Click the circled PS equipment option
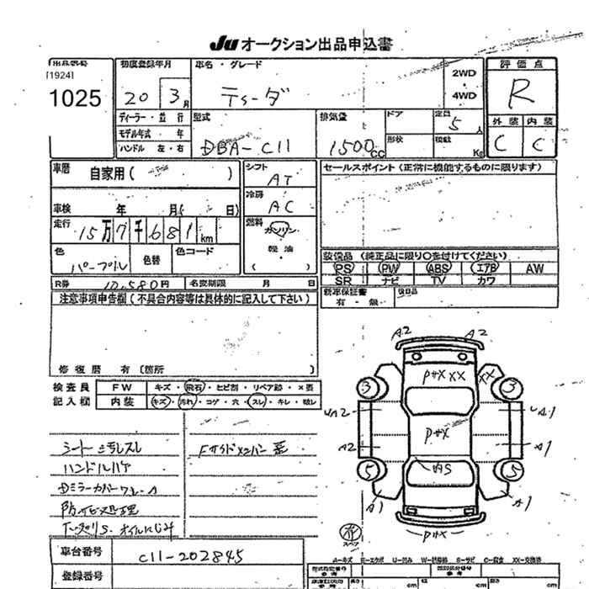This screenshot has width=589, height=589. pyautogui.click(x=342, y=268)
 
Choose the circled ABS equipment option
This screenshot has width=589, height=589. pyautogui.click(x=438, y=268)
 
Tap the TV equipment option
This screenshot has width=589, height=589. pyautogui.click(x=438, y=280)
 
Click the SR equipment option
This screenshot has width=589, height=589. pyautogui.click(x=342, y=280)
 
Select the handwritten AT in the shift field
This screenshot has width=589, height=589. pyautogui.click(x=279, y=180)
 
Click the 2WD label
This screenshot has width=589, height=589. pyautogui.click(x=464, y=74)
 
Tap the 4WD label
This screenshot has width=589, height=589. pyautogui.click(x=464, y=95)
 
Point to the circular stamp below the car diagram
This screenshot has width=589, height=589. pyautogui.click(x=346, y=531)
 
